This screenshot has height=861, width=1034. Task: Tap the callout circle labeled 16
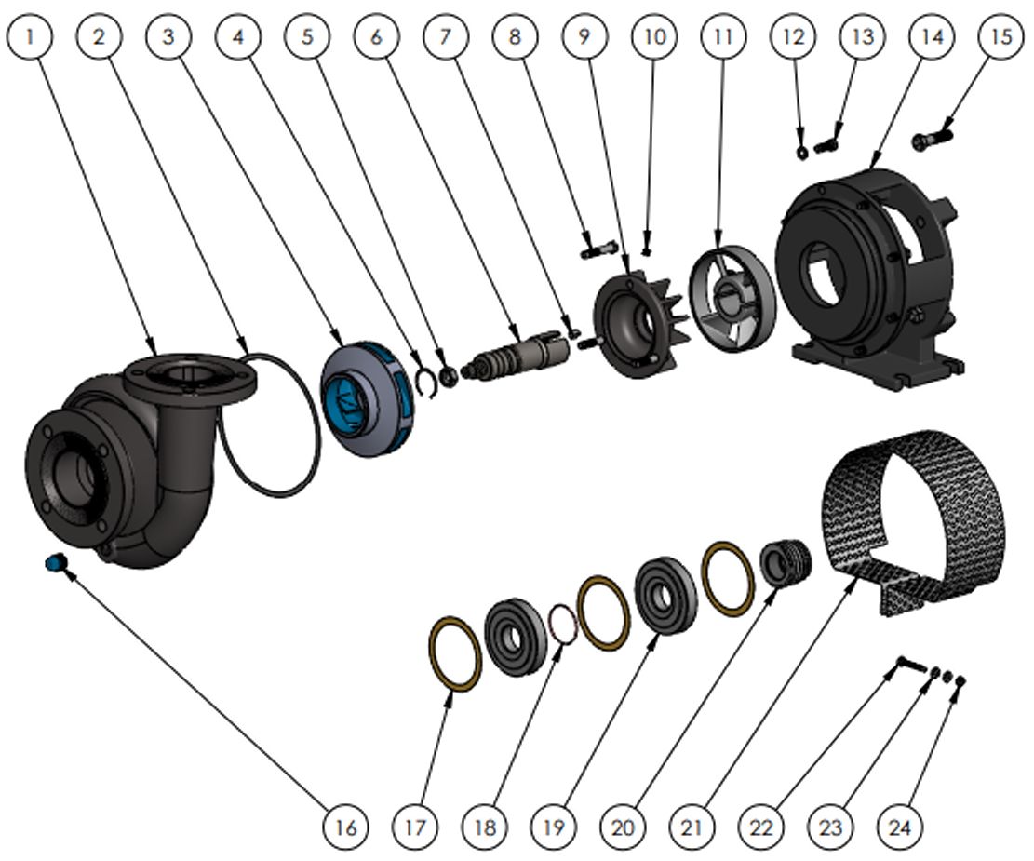point(345,826)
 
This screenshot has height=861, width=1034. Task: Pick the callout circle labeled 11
point(723,36)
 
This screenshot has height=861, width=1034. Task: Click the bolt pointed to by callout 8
point(598,249)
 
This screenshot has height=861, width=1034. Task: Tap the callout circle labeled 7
point(445,36)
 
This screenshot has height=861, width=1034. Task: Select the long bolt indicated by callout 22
point(911,666)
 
